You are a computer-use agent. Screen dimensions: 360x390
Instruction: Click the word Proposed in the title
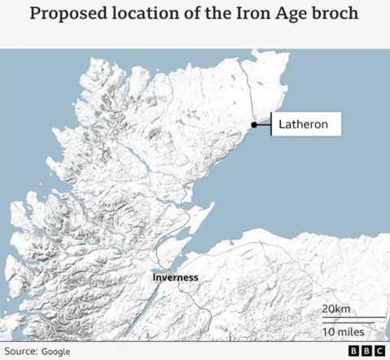pos(66,15)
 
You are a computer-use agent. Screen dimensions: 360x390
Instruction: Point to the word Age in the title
pos(279,15)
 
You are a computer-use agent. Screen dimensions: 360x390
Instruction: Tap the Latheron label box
pos(305,124)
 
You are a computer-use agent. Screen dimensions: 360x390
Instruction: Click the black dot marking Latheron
pos(254,124)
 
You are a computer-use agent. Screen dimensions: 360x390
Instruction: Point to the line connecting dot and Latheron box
pos(263,124)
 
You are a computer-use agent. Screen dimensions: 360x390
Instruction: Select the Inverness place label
pos(175,278)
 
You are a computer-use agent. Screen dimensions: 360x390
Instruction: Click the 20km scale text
pos(336,309)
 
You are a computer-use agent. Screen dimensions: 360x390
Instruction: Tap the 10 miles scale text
pos(344,332)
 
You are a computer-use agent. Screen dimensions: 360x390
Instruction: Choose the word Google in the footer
pos(55,350)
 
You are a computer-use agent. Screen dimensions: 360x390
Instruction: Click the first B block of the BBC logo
pos(353,350)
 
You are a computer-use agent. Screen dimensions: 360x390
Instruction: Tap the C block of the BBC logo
pos(379,350)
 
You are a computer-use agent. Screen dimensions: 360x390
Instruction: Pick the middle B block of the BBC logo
pos(366,350)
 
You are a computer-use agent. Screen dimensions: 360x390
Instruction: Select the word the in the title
pos(208,15)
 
